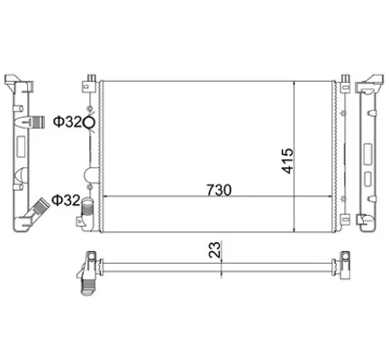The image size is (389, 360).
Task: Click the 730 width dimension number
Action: click(x=219, y=190)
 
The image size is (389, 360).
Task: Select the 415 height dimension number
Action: click(x=287, y=160)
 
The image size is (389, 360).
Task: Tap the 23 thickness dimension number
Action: click(x=215, y=250)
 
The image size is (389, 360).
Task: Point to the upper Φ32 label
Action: click(x=68, y=121)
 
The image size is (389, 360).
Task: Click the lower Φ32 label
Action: click(x=66, y=200)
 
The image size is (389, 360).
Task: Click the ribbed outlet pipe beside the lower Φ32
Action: click(x=87, y=206)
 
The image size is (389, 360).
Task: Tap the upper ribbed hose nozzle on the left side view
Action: click(x=38, y=122)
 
